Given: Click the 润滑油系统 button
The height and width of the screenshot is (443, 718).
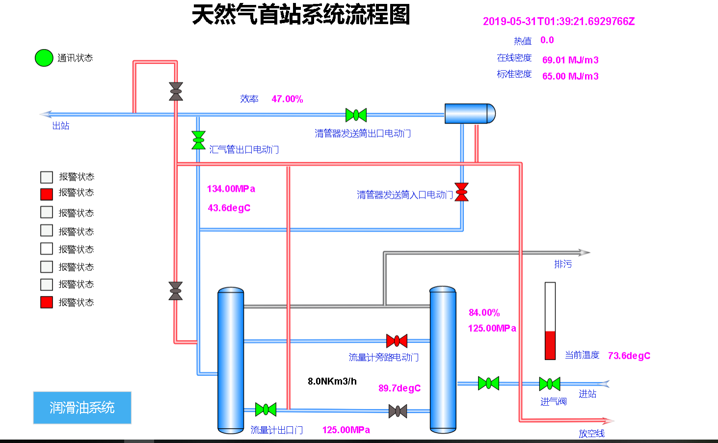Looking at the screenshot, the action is [82, 408].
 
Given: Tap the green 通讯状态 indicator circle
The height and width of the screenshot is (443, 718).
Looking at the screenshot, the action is [44, 58].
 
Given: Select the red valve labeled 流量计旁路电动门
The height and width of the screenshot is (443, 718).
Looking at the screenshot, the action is [397, 341].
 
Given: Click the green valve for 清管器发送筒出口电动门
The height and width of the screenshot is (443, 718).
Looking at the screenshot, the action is [356, 115].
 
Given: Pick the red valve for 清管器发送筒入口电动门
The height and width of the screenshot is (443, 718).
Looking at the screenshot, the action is [461, 192].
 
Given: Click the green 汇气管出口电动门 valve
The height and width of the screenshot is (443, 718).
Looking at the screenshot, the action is [198, 140].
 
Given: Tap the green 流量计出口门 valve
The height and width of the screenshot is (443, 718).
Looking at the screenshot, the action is [266, 409].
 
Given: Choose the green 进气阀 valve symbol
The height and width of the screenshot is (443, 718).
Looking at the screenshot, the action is [550, 384].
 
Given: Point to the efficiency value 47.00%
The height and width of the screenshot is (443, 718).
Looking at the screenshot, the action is [287, 99].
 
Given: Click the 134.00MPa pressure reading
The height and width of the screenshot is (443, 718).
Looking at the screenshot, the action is [231, 189].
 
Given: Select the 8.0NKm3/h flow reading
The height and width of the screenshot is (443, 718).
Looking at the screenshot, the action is [332, 381].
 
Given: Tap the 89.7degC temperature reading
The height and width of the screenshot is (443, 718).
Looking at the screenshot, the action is [399, 388].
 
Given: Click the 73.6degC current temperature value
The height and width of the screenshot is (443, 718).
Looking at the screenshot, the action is [629, 356].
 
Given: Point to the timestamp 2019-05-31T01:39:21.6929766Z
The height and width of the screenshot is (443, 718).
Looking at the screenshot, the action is [558, 21].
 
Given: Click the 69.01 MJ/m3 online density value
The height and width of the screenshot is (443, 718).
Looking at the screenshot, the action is [570, 60].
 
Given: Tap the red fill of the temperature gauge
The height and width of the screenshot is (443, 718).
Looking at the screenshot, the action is [550, 345].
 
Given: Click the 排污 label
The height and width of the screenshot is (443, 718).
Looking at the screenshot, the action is [563, 264].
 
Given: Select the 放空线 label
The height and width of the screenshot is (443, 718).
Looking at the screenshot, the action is [592, 433].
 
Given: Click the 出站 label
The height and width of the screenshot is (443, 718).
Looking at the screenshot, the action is [60, 126].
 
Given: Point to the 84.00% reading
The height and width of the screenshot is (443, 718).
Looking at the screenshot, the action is [484, 313].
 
